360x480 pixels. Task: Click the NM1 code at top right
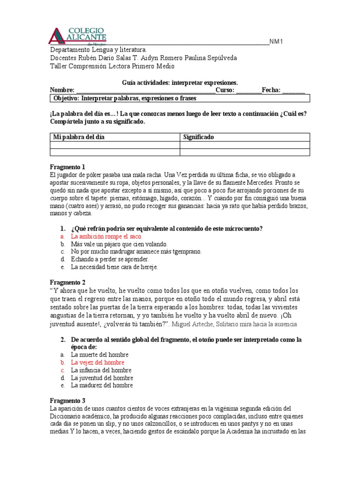click(277, 42)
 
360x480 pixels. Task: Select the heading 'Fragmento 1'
click(67, 167)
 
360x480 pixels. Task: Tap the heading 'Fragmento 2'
click(67, 282)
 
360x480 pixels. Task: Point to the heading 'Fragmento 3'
click(67, 400)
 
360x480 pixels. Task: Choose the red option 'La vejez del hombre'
click(97, 362)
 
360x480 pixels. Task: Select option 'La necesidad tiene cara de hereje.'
click(114, 267)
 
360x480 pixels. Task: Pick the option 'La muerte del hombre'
click(99, 355)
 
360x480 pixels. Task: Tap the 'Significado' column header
click(198, 137)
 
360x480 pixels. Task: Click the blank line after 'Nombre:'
click(145, 90)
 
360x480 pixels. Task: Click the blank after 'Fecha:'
click(293, 90)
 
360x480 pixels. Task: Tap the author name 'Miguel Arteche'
click(190, 324)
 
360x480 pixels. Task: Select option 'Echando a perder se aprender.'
click(110, 259)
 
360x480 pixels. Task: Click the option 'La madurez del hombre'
click(102, 385)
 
